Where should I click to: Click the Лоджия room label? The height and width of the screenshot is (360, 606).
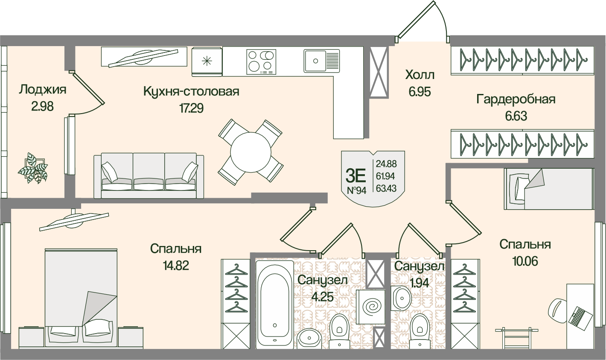coord(43,89)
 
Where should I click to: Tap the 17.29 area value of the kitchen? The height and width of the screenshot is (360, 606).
coord(191,108)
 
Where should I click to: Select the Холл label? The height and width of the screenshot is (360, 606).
coord(420,75)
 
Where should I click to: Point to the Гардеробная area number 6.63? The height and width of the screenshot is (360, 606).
coord(516,116)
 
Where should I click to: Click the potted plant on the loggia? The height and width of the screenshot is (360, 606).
coord(33,168)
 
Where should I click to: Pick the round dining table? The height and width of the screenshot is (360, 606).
coord(251,152)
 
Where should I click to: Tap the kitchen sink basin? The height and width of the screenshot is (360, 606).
coord(321,61)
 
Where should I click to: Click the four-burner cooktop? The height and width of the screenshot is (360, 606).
coord(261,62)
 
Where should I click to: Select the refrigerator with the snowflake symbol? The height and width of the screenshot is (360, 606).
coord(207,62)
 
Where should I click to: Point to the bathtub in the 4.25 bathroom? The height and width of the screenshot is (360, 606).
coord(275,303)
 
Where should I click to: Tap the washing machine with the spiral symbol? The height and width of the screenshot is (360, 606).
coord(370,307)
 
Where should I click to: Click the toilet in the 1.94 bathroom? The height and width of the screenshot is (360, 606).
coord(420,331)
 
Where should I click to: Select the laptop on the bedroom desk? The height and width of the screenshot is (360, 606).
coord(578,318)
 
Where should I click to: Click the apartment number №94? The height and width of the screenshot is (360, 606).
coord(357,190)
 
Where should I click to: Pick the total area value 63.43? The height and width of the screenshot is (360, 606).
coord(386,188)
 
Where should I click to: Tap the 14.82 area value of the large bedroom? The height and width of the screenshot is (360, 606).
coord(175,266)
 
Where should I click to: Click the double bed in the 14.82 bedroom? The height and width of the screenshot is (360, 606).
coord(81,298)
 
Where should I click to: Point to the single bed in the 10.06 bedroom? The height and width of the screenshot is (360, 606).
coord(549,189)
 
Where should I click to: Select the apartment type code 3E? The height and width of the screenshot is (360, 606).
coord(356,176)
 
